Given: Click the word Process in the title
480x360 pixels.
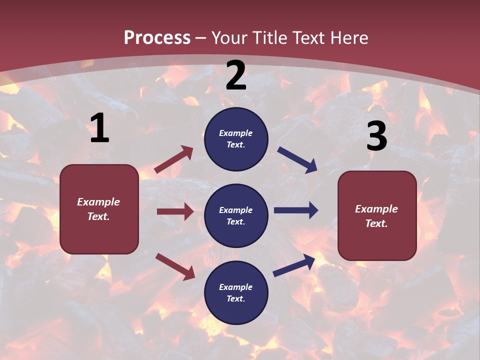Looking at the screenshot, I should point(157,37).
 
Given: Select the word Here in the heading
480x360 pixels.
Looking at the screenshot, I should point(348,37).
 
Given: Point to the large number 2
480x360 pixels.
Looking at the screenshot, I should point(236,75).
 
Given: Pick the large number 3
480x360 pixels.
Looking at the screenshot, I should point(376,136).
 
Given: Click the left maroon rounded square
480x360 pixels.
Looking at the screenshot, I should point(99,208).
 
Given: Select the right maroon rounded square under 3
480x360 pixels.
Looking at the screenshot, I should point(377,215).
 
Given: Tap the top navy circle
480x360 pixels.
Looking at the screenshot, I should point(236,139).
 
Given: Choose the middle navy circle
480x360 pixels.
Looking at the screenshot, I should point(236,215).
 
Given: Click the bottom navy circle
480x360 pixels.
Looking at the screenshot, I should point(236,292).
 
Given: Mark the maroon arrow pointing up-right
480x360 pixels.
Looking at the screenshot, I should point(174,159).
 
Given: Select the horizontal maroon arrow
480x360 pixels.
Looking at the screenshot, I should point(175,211).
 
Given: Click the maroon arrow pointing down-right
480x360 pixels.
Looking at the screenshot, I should point(175,266).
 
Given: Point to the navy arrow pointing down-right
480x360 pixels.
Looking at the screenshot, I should point(297,159).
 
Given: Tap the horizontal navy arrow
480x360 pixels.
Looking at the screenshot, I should point(296,210).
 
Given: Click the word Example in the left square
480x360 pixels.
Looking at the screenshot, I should point(98,202).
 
